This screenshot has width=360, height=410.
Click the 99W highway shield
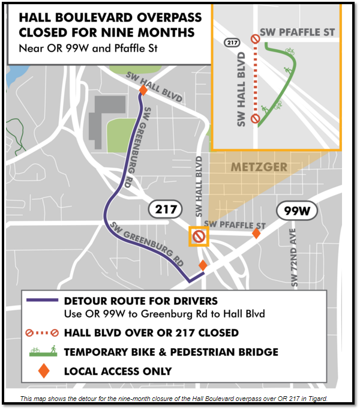[x=296, y=211]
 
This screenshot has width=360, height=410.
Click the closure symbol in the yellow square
[x=199, y=237]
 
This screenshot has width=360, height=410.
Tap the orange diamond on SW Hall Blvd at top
[x=143, y=91]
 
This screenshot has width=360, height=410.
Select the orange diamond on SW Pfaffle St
[x=256, y=233]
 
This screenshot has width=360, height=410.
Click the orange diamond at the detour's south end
[x=203, y=265]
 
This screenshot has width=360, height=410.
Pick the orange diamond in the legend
[x=43, y=371]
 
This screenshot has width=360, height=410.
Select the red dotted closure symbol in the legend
[x=43, y=333]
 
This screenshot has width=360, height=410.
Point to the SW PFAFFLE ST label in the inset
[x=298, y=32]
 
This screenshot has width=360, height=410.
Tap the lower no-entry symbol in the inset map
[x=255, y=118]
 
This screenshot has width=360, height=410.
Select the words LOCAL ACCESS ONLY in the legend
[x=118, y=372]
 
